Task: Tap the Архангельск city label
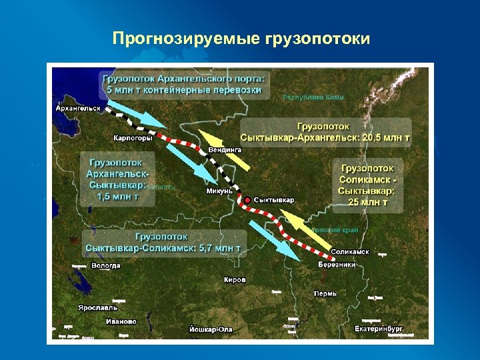tap(78, 108)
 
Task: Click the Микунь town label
tap(219, 191)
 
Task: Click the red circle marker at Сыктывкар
tap(248, 200)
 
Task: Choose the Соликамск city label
tap(350, 252)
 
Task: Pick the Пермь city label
tap(325, 293)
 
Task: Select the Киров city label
tap(235, 280)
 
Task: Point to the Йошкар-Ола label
tap(211, 329)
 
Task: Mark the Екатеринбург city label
tap(379, 329)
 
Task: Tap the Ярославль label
tap(97, 308)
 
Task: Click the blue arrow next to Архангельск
tap(136, 114)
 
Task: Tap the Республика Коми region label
tap(313, 97)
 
